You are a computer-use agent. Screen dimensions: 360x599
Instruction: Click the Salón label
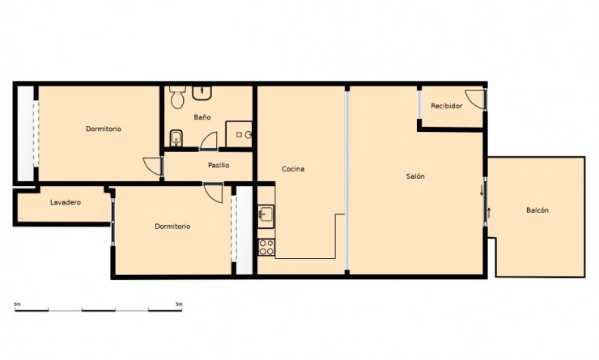(x=416, y=176)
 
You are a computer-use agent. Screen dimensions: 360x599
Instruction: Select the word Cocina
(x=292, y=169)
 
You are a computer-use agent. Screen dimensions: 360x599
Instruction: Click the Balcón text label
(x=537, y=210)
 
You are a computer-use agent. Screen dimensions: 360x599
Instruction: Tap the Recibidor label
(x=447, y=106)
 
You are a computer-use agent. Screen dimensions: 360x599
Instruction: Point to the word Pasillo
(x=218, y=165)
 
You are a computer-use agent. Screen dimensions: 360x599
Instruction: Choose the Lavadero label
(x=65, y=202)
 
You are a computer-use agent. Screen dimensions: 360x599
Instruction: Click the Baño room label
(x=202, y=117)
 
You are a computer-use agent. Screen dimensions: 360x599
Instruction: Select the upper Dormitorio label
(x=104, y=129)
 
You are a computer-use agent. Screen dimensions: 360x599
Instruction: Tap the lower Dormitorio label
(x=172, y=227)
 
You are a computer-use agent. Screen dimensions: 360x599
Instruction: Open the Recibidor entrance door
(x=480, y=100)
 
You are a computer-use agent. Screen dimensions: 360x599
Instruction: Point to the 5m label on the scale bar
(x=179, y=303)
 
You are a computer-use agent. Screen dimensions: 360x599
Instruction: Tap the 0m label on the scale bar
(x=17, y=303)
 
